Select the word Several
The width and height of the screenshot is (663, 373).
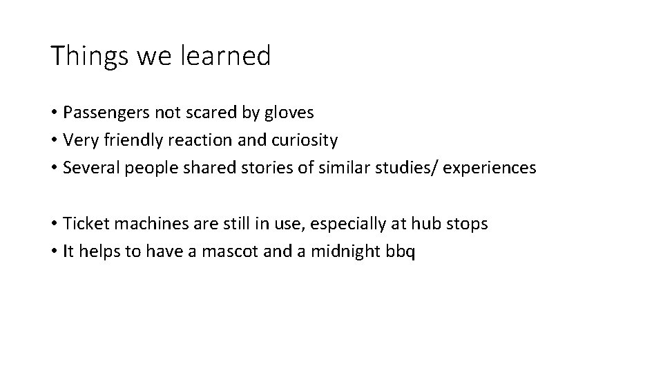click(88, 168)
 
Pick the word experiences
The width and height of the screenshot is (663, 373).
click(489, 168)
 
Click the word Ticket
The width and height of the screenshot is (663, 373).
click(82, 224)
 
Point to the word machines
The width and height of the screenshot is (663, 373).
click(135, 224)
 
